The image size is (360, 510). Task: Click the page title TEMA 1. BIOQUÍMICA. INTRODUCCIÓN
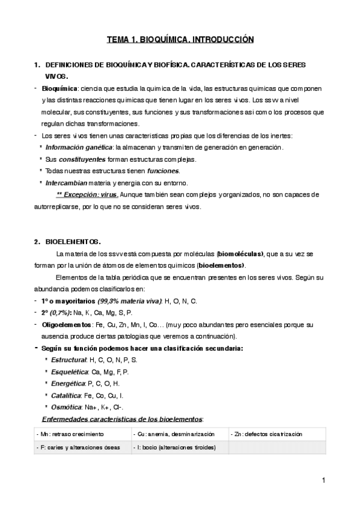coord(180,40)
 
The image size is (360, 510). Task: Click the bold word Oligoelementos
coord(68,324)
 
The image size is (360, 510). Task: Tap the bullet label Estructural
coord(68,360)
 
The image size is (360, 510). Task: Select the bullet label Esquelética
coord(69,371)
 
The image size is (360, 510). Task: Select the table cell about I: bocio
coord(179,447)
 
